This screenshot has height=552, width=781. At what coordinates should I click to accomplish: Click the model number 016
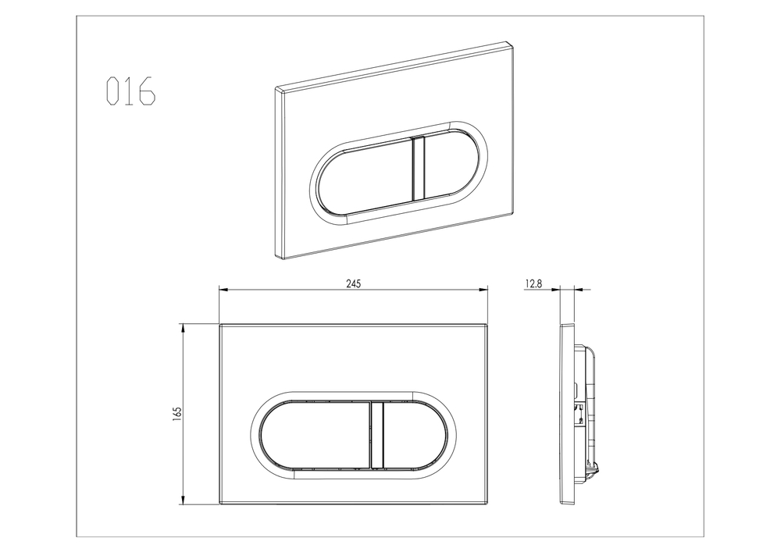pos(131,91)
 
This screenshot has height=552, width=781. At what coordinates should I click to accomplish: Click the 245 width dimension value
pos(353,283)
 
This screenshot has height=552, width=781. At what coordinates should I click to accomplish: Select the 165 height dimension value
pos(178,415)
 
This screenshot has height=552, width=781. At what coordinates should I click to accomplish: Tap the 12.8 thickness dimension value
pos(533,283)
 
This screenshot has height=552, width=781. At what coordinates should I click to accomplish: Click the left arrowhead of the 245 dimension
pos(223,289)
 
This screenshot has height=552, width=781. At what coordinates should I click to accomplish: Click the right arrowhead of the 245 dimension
pos(483,289)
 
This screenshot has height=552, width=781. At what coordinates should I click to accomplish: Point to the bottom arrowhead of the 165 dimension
pos(184,500)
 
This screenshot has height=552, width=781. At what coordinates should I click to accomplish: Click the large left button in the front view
pos(315,436)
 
